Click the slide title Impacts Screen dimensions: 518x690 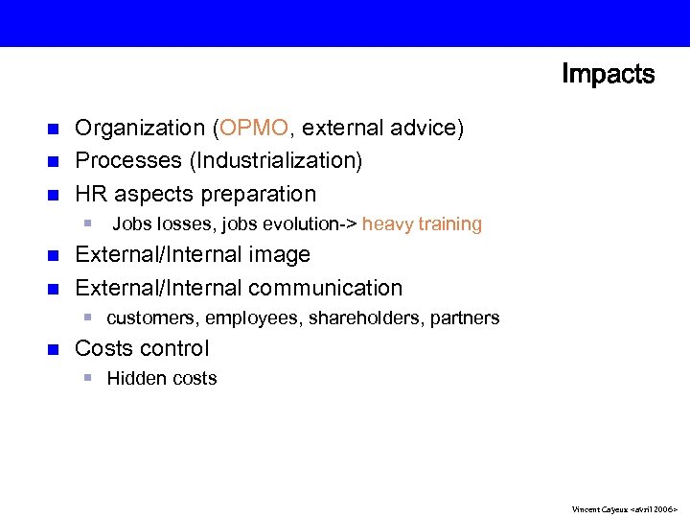click(608, 75)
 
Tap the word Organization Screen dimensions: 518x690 click(140, 128)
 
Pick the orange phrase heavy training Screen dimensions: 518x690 click(422, 224)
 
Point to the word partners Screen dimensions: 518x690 click(465, 318)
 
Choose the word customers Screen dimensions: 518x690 click(149, 318)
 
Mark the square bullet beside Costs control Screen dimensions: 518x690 click(54, 348)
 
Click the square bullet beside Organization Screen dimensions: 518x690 click(54, 128)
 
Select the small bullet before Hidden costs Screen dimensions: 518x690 click(86, 378)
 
